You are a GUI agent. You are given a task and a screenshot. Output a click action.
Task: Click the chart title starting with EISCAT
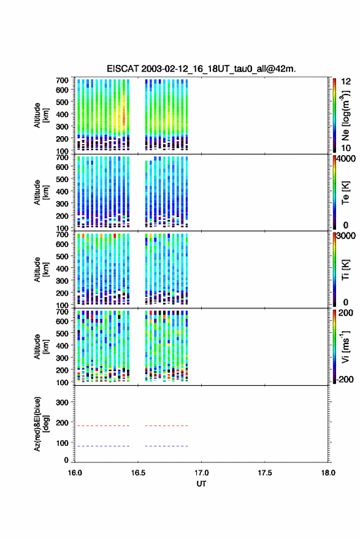[201, 69]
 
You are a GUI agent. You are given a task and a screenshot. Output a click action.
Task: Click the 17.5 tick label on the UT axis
[264, 473]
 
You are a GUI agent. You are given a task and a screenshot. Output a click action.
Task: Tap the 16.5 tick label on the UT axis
[138, 473]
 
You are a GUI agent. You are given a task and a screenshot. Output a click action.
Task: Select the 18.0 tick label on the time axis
[328, 473]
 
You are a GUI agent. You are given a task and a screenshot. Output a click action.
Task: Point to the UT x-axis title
[201, 484]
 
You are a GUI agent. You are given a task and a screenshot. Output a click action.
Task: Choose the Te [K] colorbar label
[345, 193]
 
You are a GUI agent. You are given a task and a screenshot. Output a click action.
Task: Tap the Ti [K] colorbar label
[345, 270]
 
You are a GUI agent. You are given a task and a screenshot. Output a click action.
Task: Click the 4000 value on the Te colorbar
[345, 159]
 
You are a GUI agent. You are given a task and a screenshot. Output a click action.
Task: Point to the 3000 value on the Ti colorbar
[345, 236]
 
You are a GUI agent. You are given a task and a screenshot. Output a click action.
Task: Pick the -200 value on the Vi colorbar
[345, 379]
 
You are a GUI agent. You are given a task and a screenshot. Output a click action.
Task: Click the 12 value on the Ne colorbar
[346, 82]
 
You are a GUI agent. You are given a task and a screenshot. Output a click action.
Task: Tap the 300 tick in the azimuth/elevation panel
[62, 402]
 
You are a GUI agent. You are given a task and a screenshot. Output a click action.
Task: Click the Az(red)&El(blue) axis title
[41, 424]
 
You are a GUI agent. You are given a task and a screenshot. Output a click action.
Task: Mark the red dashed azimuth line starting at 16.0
[102, 426]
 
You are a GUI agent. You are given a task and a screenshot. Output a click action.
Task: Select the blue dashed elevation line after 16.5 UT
[166, 446]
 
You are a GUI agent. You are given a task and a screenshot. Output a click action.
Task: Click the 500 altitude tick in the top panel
[62, 102]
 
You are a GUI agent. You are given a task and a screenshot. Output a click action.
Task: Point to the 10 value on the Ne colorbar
[346, 148]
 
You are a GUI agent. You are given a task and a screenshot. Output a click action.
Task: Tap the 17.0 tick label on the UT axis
[201, 473]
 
